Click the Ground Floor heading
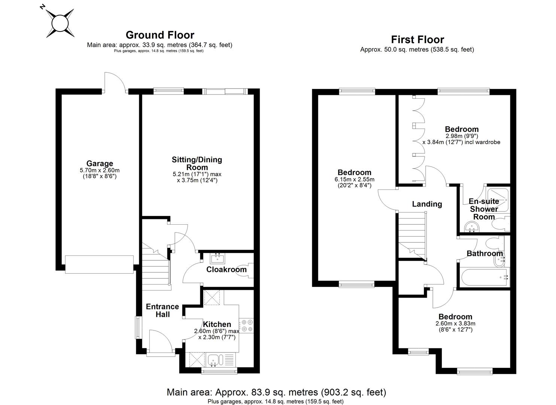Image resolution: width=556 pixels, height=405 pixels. [x=160, y=35]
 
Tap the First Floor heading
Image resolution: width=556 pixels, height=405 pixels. [x=417, y=39]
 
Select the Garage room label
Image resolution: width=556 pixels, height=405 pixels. [x=100, y=163]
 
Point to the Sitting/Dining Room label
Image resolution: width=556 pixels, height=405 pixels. [x=197, y=163]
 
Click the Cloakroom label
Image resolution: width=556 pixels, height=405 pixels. [x=226, y=270]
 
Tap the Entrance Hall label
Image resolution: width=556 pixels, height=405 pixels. [x=162, y=310]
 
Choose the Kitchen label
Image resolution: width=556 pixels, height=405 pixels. [x=217, y=324]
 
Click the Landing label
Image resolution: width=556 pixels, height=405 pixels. [x=427, y=204]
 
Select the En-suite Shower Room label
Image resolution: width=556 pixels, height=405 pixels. [x=484, y=209]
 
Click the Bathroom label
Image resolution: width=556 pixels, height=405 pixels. [x=484, y=253]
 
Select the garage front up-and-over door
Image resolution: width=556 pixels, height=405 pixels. [x=99, y=264]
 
